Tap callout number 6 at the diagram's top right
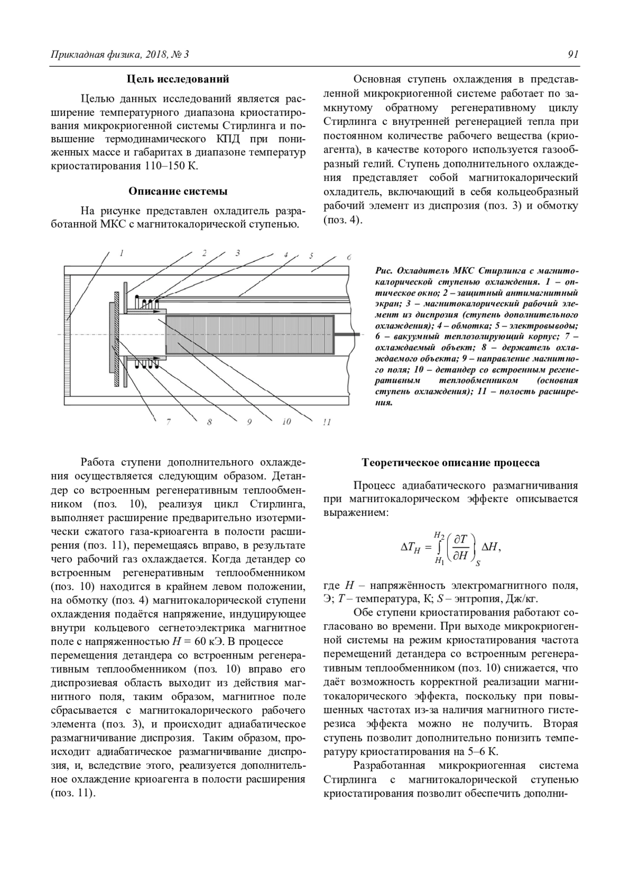349,257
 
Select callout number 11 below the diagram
327,422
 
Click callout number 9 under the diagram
249,421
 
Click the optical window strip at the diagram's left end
68,336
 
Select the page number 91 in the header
572,54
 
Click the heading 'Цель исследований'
178,79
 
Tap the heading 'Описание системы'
178,191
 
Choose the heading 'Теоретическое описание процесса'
451,463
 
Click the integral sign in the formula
438,547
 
